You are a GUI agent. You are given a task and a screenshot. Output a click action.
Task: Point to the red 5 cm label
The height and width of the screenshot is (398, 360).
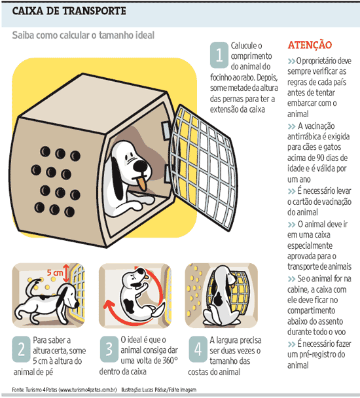point(56,272)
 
